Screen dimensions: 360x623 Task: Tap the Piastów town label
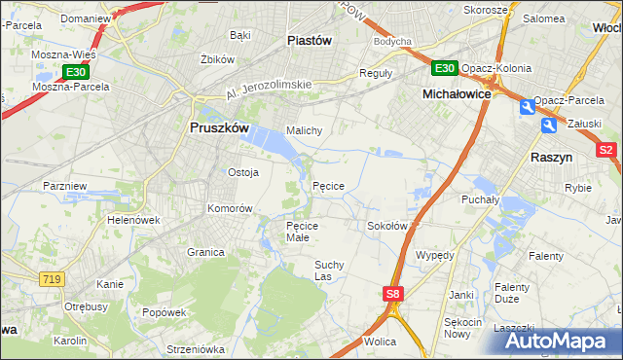(311, 40)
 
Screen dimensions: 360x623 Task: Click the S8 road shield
(391, 294)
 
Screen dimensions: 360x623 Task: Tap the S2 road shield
(606, 150)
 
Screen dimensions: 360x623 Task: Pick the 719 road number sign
(53, 279)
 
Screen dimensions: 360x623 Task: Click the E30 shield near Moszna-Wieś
(77, 72)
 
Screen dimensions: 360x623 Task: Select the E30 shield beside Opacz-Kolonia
(445, 67)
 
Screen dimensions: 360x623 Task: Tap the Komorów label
(230, 208)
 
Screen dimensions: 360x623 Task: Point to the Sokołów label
(386, 226)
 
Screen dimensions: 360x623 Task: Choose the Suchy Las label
(329, 270)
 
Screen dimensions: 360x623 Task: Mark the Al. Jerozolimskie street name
(268, 90)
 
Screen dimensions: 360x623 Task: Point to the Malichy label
(304, 129)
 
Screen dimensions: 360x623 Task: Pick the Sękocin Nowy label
(462, 328)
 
